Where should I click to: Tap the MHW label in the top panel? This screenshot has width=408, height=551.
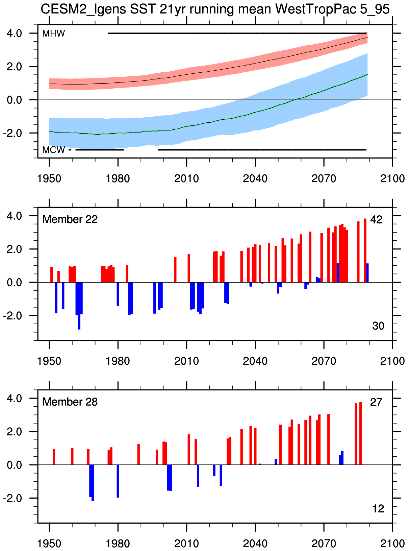tap(53, 33)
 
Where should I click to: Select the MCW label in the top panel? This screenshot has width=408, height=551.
tap(53, 150)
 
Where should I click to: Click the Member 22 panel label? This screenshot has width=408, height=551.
tap(70, 219)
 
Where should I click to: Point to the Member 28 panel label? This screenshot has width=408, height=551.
tap(70, 402)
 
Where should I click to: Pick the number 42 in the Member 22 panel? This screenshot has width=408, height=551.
tap(376, 220)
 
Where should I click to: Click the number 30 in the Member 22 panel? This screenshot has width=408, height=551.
tap(378, 326)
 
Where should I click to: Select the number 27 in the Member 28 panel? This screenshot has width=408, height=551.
tap(376, 402)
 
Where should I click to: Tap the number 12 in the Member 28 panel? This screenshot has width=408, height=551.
tap(378, 509)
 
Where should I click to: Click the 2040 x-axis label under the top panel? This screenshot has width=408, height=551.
tap(255, 178)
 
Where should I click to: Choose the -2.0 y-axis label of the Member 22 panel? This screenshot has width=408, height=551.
tap(12, 316)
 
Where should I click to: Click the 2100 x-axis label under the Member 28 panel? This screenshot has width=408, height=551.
tap(392, 544)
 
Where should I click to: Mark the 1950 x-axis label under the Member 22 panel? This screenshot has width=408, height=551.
tap(49, 361)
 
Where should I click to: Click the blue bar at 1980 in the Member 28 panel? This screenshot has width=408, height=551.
tap(118, 481)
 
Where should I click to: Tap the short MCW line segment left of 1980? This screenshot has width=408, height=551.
tap(100, 150)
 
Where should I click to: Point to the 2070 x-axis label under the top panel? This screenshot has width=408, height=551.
tap(324, 178)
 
